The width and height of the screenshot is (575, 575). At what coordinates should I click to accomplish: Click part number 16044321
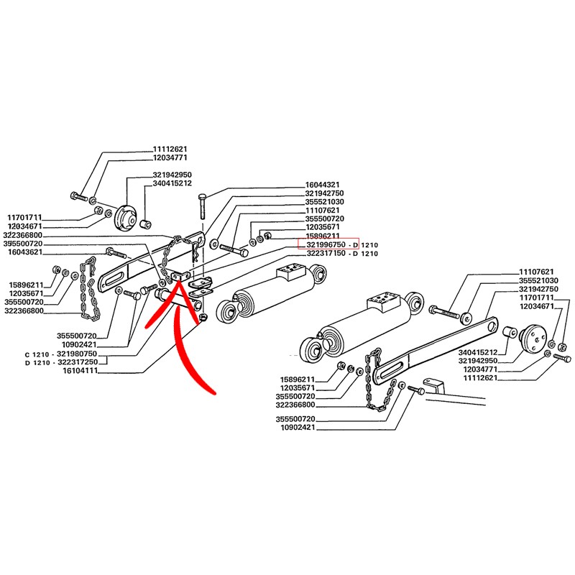click(322, 185)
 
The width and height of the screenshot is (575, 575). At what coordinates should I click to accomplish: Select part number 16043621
click(25, 252)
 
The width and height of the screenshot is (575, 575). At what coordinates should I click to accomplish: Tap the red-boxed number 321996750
click(326, 244)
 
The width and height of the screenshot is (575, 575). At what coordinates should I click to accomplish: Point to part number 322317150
click(326, 254)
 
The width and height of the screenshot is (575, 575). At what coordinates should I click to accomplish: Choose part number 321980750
click(77, 354)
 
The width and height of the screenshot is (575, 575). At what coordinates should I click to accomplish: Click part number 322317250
click(78, 362)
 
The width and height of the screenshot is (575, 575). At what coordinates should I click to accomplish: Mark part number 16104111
click(80, 371)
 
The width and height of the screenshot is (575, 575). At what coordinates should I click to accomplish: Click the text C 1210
click(37, 354)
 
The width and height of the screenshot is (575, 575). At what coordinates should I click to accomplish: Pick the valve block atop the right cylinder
click(383, 301)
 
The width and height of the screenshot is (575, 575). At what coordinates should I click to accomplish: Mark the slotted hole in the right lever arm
click(394, 369)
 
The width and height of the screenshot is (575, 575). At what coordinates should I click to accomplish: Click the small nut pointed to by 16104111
click(203, 318)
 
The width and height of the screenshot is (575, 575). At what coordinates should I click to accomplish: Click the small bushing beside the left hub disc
click(147, 224)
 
